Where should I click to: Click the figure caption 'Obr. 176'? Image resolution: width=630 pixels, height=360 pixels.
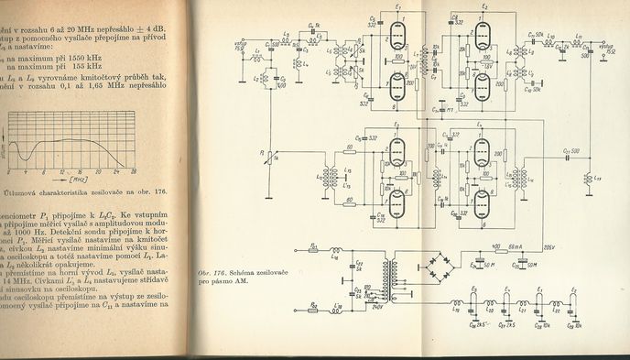click(212, 273)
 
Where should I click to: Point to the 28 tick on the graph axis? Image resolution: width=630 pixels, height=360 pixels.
click(134, 170)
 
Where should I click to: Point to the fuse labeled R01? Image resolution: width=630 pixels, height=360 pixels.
click(315, 247)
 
